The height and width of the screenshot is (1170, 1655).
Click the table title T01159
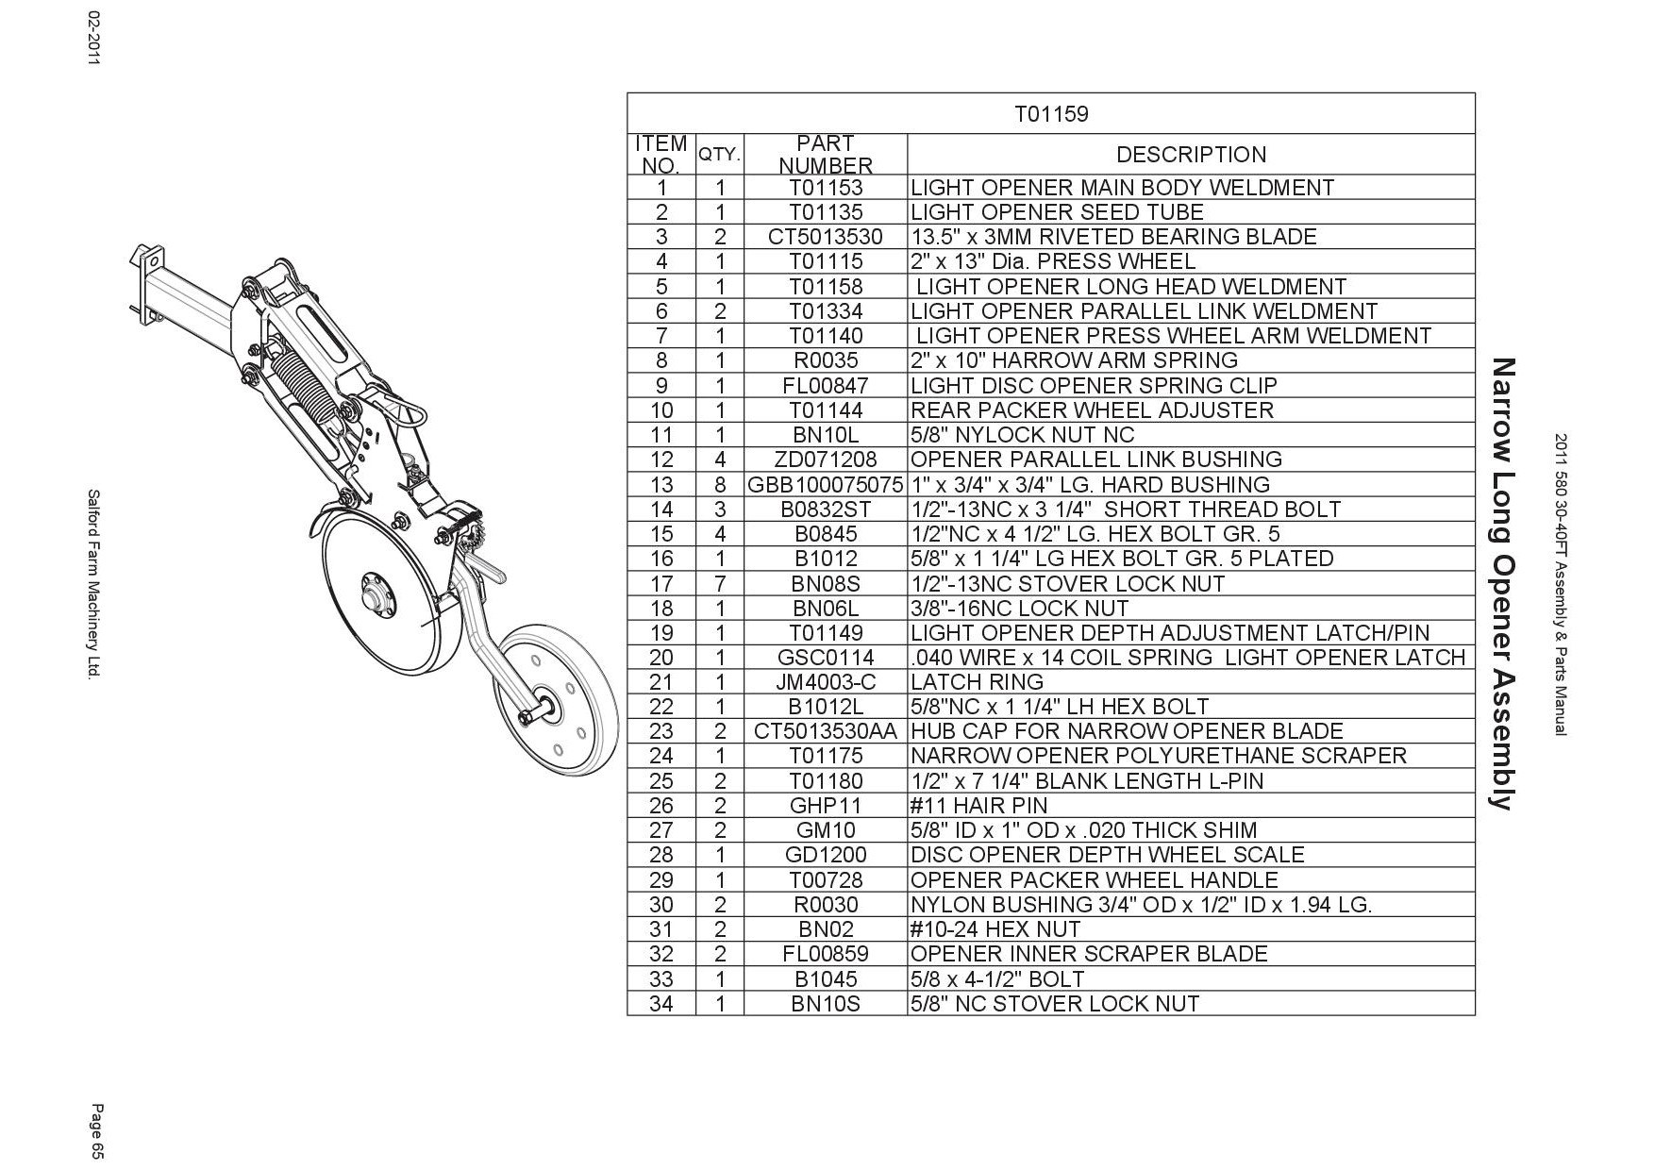point(1050,114)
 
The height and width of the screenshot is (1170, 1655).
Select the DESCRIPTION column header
point(1191,155)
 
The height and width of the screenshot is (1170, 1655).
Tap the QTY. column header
point(720,154)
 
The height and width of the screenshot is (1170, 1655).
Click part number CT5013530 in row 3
point(826,237)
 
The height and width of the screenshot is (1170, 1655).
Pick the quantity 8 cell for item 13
point(720,485)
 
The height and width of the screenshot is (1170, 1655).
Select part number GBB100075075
point(826,485)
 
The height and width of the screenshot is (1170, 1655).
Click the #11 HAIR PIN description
point(978,806)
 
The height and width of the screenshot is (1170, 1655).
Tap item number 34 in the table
point(661,1004)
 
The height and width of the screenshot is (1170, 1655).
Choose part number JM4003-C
point(826,682)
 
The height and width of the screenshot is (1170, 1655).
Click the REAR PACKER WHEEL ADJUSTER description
point(1092,410)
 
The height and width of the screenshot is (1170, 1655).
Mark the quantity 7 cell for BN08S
point(720,584)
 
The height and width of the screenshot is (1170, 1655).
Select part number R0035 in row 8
point(826,360)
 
